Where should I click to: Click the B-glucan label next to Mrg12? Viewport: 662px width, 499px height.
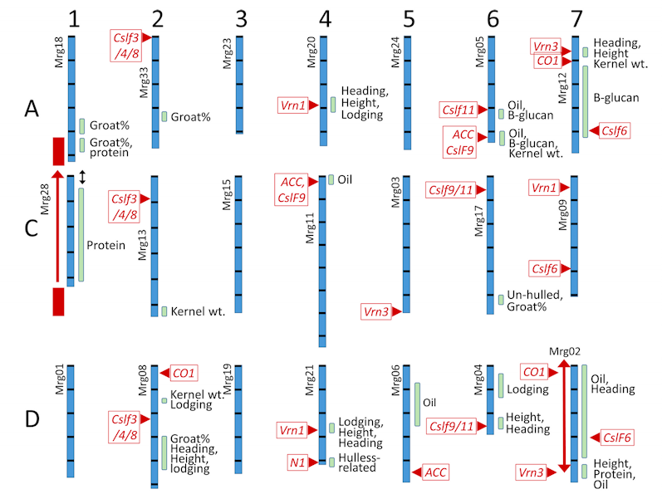coord(615,97)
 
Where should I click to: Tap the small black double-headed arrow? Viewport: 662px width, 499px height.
coord(81,176)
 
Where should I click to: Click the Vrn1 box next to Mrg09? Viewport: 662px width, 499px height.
coord(545,188)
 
